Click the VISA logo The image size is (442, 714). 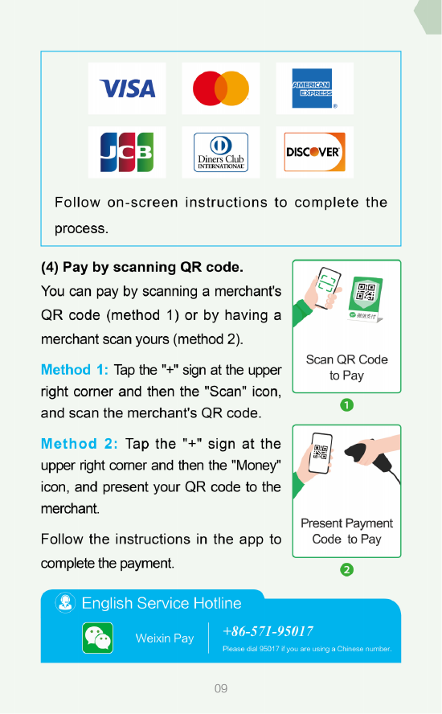point(127,88)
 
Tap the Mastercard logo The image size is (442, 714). point(221,88)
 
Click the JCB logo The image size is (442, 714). point(127,152)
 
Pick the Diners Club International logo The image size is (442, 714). point(221,152)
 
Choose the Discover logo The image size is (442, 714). point(313,152)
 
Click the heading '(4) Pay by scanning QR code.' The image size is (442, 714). point(141,266)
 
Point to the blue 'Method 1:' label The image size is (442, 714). point(75,370)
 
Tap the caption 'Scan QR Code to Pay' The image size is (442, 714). point(346,367)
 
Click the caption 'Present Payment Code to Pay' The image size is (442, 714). point(346,531)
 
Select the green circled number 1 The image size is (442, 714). point(346,404)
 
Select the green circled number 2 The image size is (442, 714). point(346,569)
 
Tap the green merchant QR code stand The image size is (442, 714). point(366,298)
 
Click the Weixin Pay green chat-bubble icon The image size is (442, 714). point(98,638)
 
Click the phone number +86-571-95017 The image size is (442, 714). point(268,631)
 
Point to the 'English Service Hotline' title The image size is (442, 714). point(162,603)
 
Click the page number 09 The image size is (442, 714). point(221,689)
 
